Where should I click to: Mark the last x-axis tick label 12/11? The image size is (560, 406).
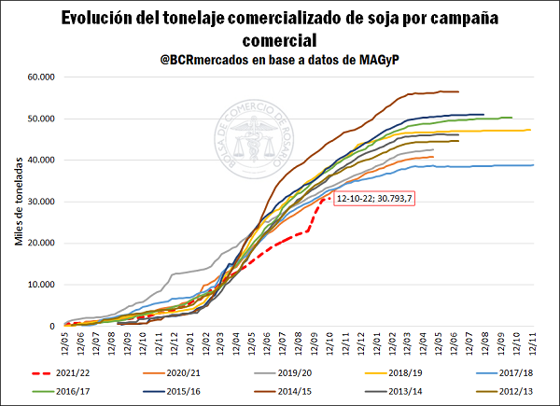click(x=533, y=342)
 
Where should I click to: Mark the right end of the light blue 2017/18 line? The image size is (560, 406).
click(x=533, y=165)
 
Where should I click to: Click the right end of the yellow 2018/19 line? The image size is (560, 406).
click(x=530, y=130)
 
